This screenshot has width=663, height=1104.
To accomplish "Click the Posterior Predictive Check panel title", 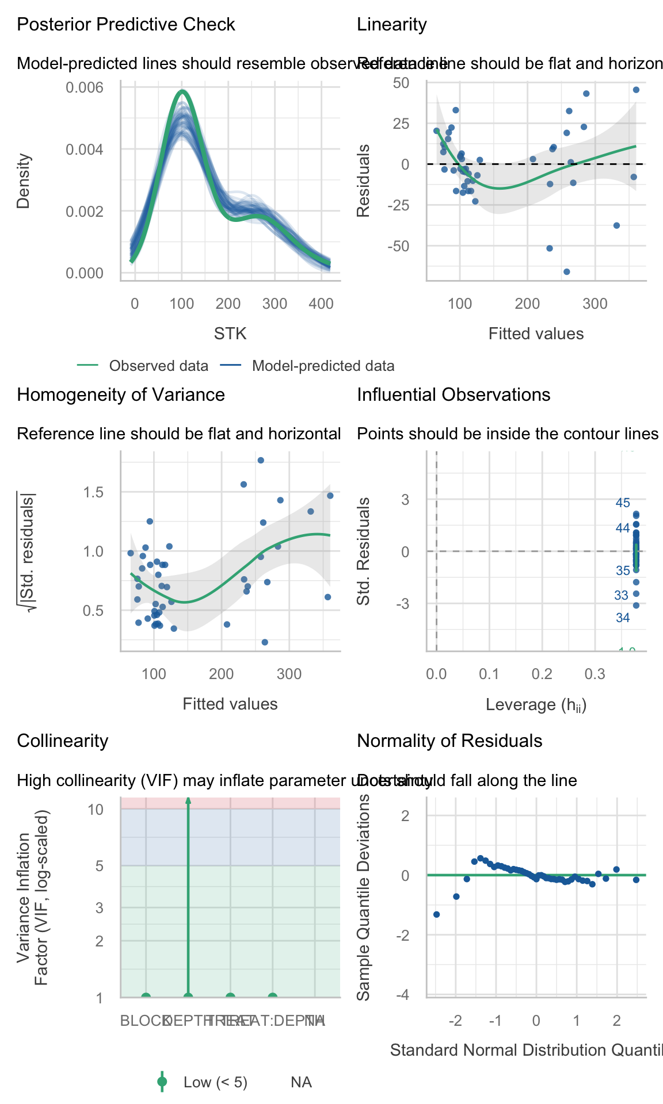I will pos(126,25).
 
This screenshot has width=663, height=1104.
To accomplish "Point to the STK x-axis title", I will pos(230,333).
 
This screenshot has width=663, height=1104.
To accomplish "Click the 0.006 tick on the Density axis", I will pos(85,87).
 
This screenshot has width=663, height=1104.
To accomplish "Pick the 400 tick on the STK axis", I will pos(321,304).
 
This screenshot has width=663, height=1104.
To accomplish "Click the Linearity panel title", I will pos(392,25).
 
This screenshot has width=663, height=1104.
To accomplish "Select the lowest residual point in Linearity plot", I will pos(566,271).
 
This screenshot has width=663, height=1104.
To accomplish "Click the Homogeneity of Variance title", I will pos(121,395).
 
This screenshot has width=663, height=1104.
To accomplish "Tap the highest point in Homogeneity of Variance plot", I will pos(261,460).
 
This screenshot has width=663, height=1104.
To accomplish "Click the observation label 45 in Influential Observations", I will pos(623,503).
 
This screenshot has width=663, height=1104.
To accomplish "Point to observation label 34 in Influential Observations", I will pos(623,618).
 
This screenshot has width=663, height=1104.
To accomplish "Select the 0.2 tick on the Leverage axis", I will pos(542,674).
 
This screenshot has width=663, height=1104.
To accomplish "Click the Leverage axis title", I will pos(536,704).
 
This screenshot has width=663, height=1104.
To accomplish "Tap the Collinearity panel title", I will pos(63,741).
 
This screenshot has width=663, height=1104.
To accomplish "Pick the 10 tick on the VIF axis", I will pos(96,810).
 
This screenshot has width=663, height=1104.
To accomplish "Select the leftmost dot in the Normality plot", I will pos(436,914).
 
